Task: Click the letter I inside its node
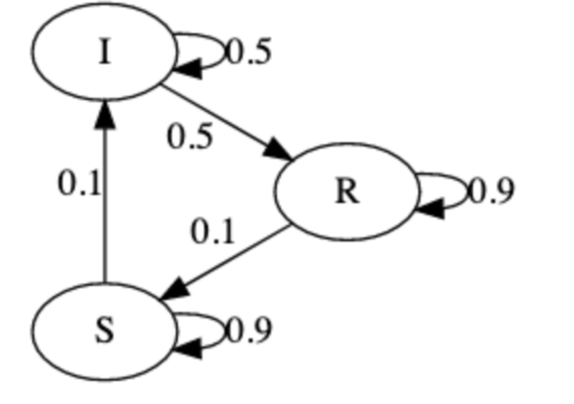pyautogui.click(x=105, y=53)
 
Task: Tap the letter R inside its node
pyautogui.click(x=347, y=192)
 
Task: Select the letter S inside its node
pyautogui.click(x=105, y=332)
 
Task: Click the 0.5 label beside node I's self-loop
pyautogui.click(x=249, y=52)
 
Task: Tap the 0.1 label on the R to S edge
pyautogui.click(x=213, y=233)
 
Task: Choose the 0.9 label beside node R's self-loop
pyautogui.click(x=492, y=191)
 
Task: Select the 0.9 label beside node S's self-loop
pyautogui.click(x=249, y=331)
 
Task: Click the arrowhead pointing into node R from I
pyautogui.click(x=279, y=150)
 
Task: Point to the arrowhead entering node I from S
pyautogui.click(x=105, y=112)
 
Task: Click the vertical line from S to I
pyautogui.click(x=105, y=202)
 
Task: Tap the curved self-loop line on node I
pyautogui.click(x=222, y=48)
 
